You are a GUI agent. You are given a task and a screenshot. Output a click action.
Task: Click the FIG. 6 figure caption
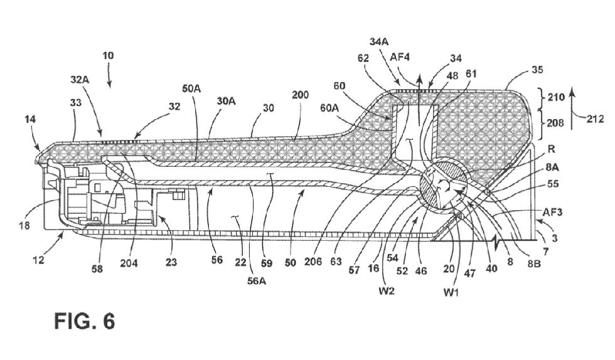(84, 320)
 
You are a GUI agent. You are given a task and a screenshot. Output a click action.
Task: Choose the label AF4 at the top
(400, 56)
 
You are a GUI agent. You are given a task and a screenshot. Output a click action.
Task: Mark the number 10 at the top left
(108, 56)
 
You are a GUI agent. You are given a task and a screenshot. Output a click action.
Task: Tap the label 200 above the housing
(302, 94)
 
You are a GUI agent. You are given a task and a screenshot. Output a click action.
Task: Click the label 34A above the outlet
(379, 41)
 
